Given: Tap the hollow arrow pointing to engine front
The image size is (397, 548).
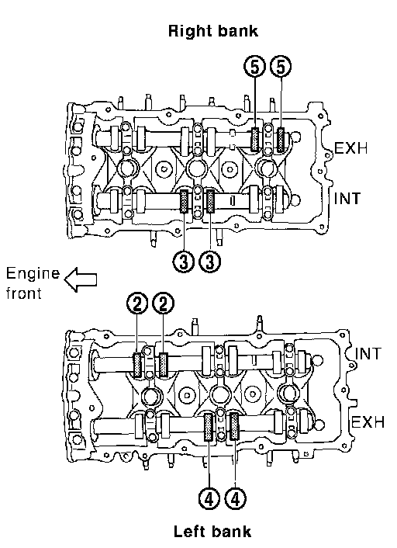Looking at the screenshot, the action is tap(81, 279).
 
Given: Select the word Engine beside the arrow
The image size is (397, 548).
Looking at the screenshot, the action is tap(33, 274).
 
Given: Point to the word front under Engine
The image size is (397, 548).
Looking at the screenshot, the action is tap(24, 293).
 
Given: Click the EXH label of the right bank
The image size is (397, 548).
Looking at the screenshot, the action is tap(351, 148).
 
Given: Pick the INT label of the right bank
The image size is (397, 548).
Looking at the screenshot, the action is tap(347, 199).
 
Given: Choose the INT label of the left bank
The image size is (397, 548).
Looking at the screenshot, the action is tap(368, 354).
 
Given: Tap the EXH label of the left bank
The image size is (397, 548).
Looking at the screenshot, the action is tap(368, 421).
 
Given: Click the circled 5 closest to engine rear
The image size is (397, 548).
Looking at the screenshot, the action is tap(281, 67).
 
